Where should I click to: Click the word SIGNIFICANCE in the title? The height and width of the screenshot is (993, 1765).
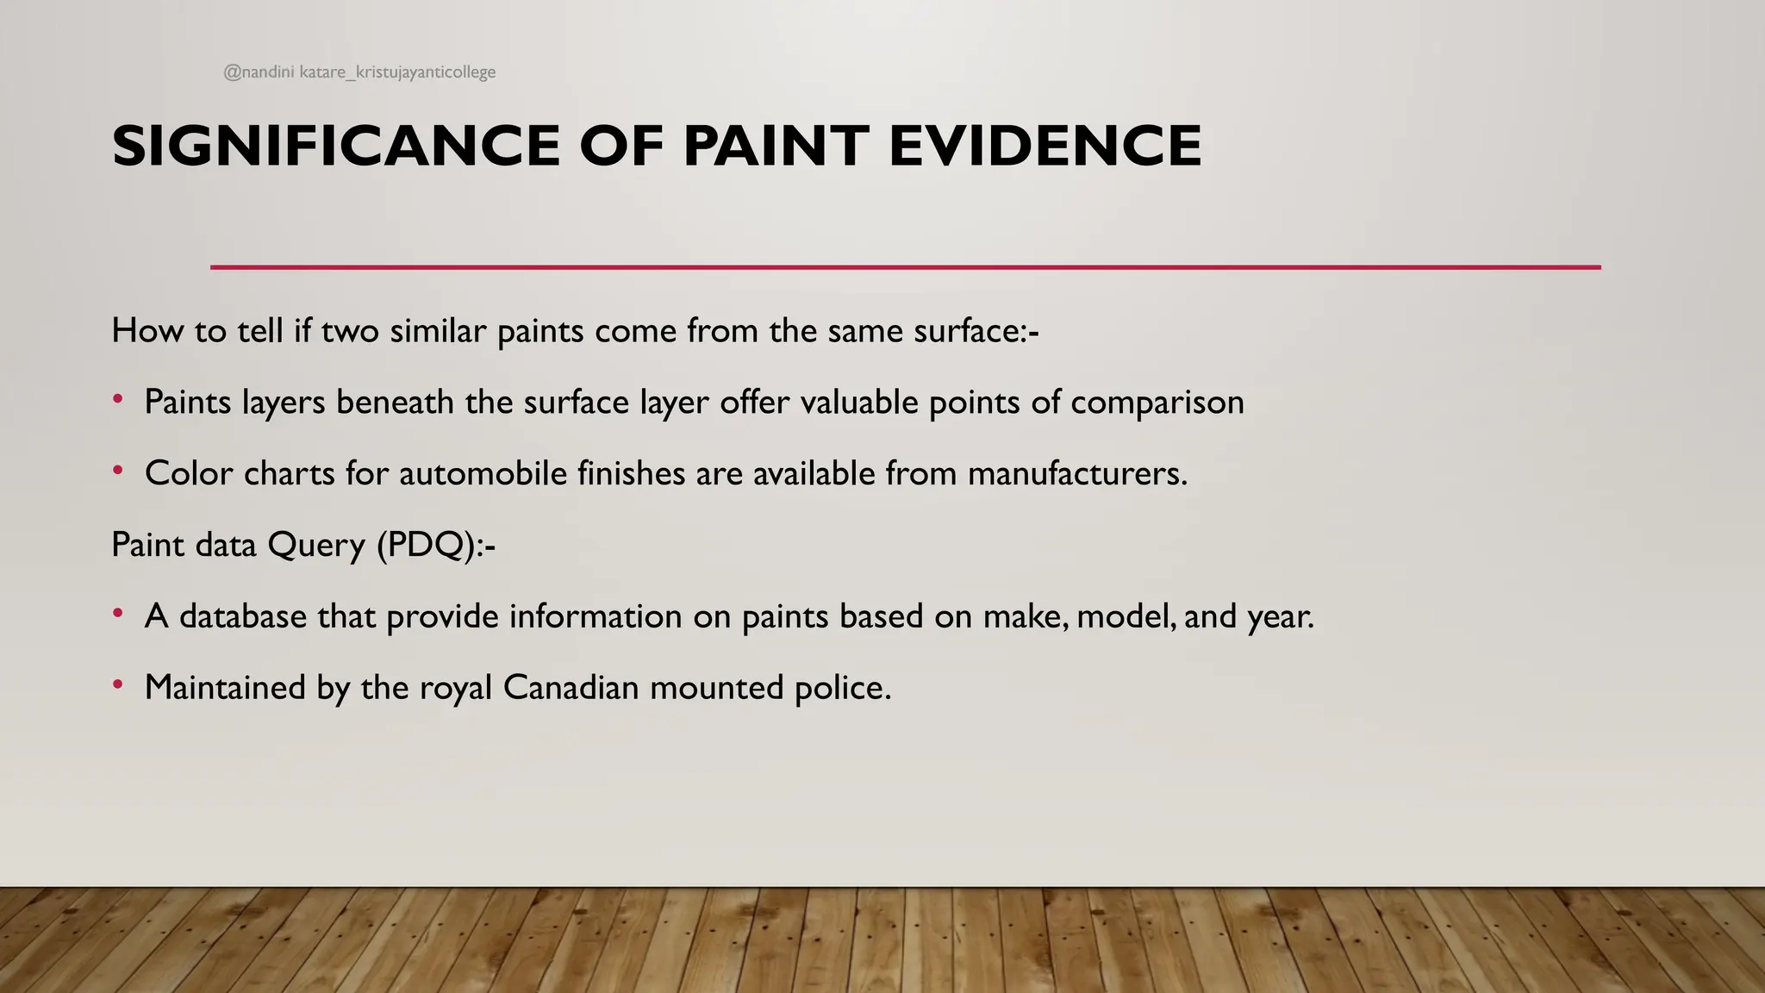tap(336, 146)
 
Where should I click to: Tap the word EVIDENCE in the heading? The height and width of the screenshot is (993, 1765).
tap(1045, 146)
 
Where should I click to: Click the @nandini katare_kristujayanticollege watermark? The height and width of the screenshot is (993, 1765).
tap(359, 72)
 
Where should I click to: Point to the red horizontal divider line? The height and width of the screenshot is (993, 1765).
tap(905, 267)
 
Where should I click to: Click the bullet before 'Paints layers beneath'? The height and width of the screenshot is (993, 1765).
tap(118, 399)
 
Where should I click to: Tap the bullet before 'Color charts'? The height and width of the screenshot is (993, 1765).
tap(118, 471)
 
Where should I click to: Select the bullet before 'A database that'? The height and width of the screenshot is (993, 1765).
tap(118, 614)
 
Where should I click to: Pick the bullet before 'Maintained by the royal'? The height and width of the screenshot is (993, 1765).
tap(118, 685)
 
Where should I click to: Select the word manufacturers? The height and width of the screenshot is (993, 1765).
tap(1077, 473)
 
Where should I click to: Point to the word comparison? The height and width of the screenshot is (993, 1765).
tap(1157, 403)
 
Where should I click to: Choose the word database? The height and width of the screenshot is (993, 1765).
tap(243, 616)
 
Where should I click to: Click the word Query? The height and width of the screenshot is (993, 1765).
tap(316, 546)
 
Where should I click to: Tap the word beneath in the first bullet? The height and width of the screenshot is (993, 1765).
tap(395, 402)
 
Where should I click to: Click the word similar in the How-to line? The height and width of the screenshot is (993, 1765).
tap(438, 331)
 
